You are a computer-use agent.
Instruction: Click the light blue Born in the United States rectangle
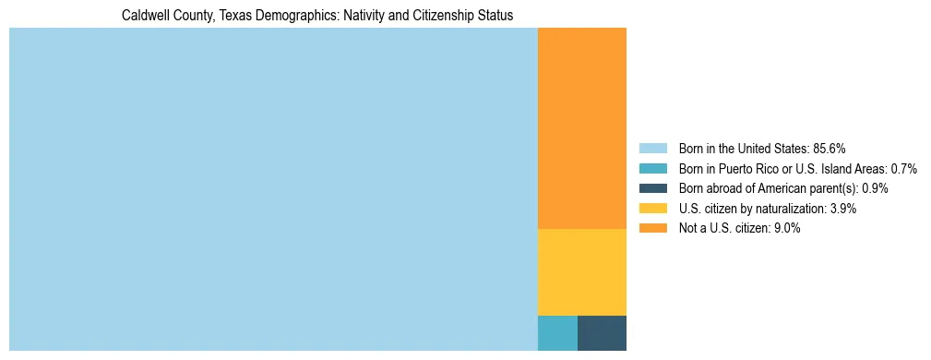273,189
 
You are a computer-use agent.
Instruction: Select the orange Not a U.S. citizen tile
581,128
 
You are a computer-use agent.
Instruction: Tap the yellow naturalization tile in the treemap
581,272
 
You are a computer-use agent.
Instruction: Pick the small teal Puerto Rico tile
557,333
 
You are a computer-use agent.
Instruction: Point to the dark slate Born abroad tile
602,333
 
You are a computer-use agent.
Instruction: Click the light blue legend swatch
653,149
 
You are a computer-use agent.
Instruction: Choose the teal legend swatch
653,169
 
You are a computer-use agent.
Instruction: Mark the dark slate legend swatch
653,188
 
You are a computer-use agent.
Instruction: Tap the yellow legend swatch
653,209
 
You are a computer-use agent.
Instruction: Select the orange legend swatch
653,228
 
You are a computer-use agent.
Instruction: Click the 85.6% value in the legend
830,149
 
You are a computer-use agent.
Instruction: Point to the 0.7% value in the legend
903,169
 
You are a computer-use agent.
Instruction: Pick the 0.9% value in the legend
875,188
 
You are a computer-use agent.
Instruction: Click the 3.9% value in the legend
842,209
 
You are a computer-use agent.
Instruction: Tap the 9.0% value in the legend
787,228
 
